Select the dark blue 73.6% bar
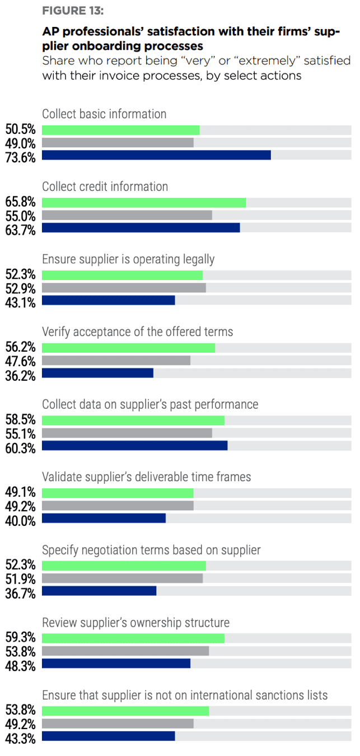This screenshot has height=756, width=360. coord(156,155)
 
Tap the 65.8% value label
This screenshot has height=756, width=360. coord(21,202)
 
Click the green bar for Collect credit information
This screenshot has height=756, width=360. coord(144,203)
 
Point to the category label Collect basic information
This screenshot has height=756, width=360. coord(104,114)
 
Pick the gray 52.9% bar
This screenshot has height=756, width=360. coord(124,288)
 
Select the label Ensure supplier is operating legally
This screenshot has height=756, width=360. coord(128,259)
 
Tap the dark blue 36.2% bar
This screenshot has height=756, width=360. coord(97,373)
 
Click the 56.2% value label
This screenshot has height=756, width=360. coord(21,347)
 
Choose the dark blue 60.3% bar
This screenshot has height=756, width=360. coord(134,446)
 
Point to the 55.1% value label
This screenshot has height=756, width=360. coord(21,433)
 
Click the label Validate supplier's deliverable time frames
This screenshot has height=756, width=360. coord(146,477)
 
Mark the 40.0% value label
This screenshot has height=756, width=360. coord(21,521)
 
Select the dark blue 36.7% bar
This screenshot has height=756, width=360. coord(99,591)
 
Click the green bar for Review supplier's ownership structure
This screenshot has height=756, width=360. coord(133,638)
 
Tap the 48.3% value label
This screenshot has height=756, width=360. coord(21,666)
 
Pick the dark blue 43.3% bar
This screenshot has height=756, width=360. coord(108,736)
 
